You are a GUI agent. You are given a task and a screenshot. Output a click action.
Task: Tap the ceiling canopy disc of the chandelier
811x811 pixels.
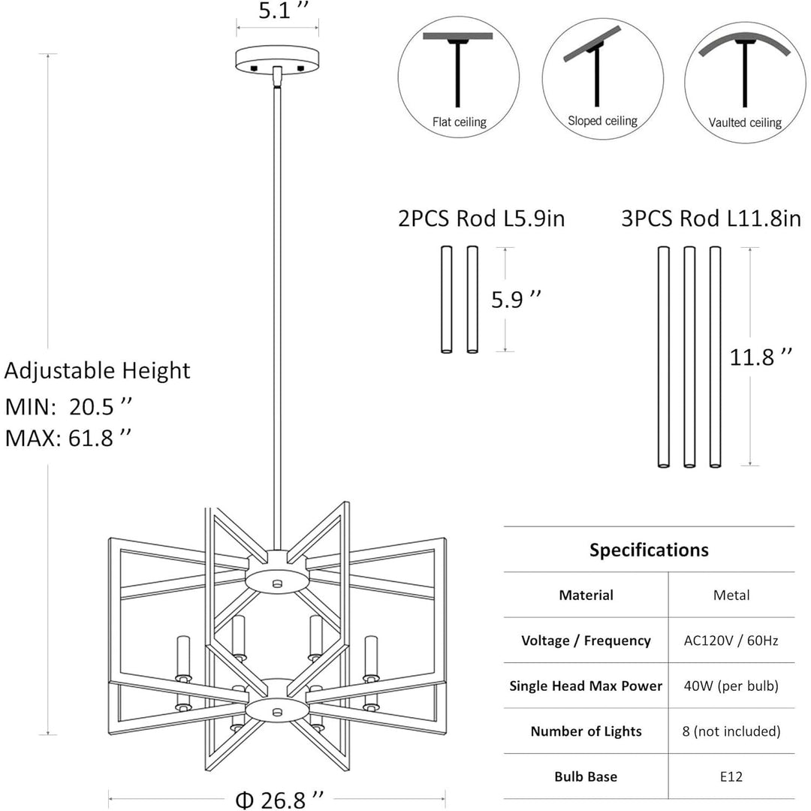pyautogui.click(x=277, y=59)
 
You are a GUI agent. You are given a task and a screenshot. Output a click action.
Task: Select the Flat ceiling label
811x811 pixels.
pyautogui.click(x=459, y=122)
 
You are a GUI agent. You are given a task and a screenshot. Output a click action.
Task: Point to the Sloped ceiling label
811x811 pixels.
pyautogui.click(x=602, y=120)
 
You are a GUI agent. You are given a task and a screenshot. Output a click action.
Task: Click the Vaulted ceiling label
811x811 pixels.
pyautogui.click(x=745, y=122)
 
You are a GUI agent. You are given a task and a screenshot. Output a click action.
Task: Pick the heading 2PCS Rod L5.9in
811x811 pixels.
pyautogui.click(x=481, y=219)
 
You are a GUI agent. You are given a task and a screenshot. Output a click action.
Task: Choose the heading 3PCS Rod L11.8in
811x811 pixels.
pyautogui.click(x=710, y=219)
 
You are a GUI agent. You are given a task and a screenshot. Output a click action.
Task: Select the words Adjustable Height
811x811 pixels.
pyautogui.click(x=98, y=370)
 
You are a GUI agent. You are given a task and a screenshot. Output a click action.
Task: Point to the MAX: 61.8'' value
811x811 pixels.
pyautogui.click(x=69, y=438)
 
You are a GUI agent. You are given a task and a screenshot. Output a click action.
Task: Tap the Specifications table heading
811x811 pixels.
pyautogui.click(x=649, y=550)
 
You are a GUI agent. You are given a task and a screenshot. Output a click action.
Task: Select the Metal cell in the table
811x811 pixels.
pyautogui.click(x=731, y=595)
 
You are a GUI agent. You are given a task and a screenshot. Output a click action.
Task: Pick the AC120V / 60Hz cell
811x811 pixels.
pyautogui.click(x=731, y=641)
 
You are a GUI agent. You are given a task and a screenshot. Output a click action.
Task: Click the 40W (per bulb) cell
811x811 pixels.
pyautogui.click(x=731, y=686)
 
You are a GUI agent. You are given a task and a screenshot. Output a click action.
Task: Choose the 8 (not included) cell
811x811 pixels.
pyautogui.click(x=731, y=731)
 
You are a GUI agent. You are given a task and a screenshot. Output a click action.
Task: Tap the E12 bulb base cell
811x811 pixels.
pyautogui.click(x=731, y=776)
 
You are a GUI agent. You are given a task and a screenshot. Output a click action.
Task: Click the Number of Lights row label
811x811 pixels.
pyautogui.click(x=586, y=731)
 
